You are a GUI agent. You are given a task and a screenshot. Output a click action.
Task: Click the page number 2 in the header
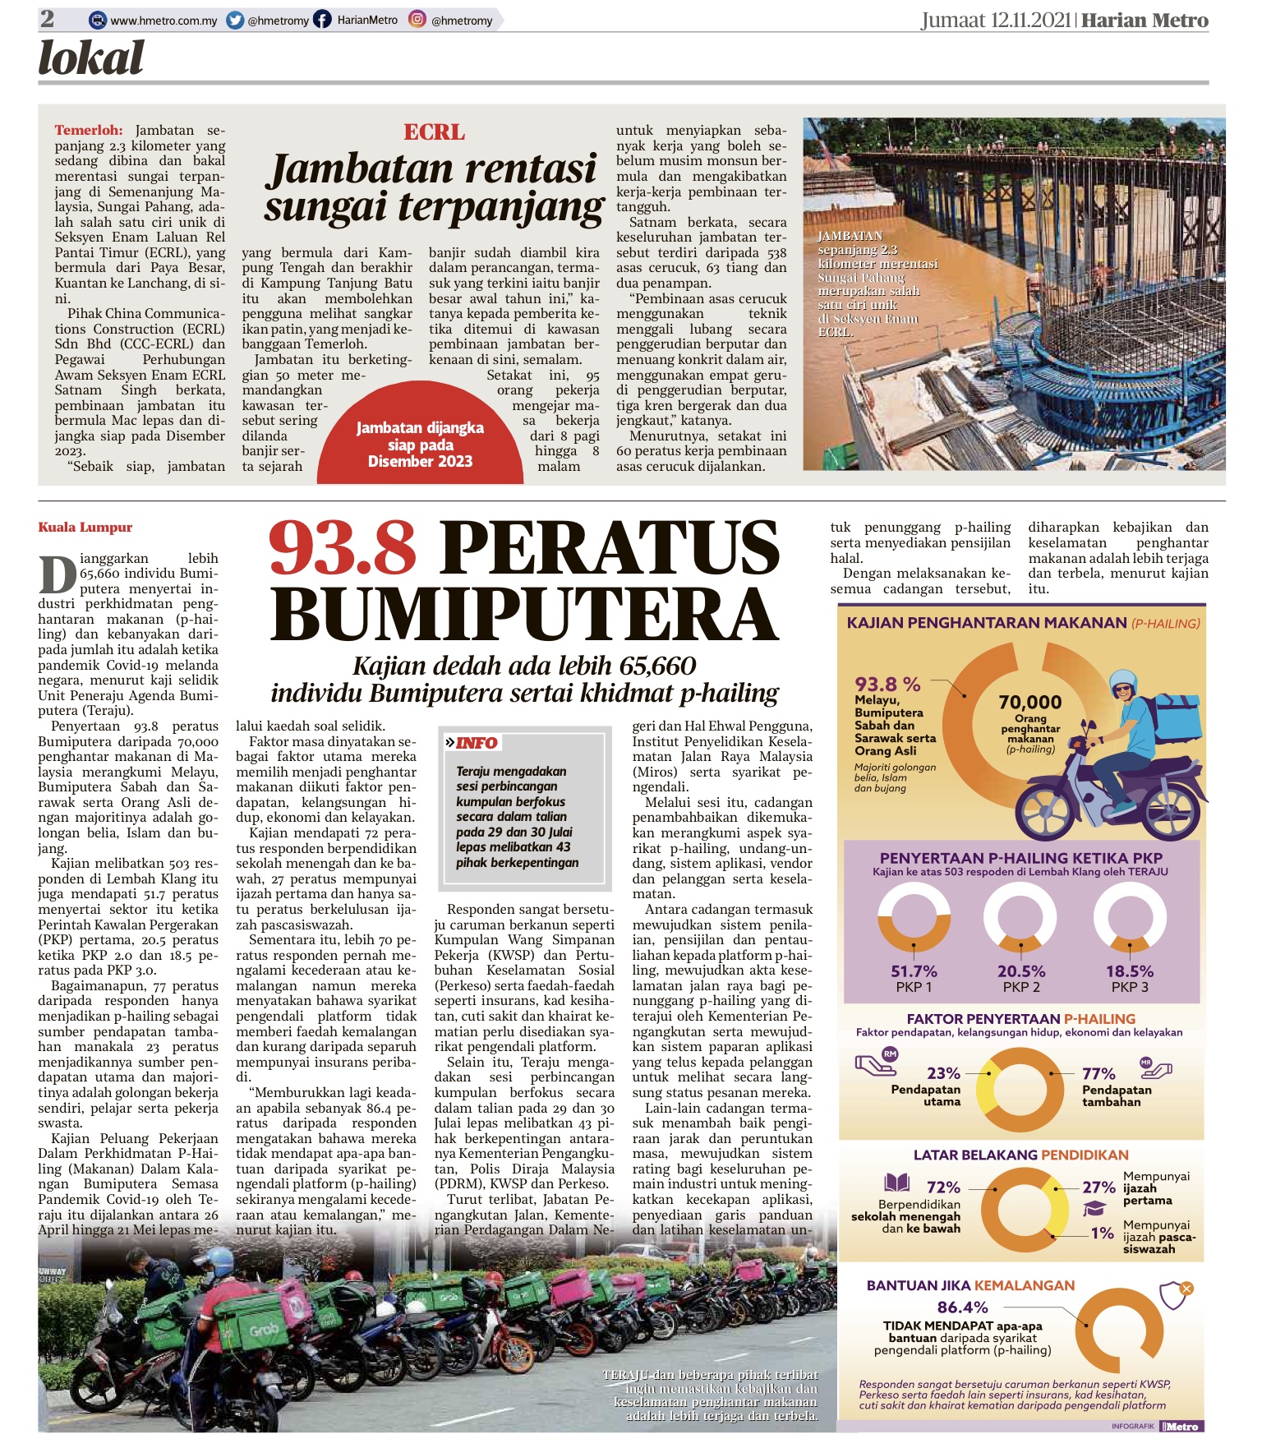(48, 19)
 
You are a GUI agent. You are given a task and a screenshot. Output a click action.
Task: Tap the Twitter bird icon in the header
(235, 21)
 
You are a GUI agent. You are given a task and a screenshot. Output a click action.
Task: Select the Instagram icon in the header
(417, 21)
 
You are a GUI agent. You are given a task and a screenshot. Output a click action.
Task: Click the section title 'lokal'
(91, 58)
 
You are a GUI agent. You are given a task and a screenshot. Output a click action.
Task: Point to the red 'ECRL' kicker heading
(434, 132)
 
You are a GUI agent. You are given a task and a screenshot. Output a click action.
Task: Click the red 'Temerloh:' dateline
(89, 130)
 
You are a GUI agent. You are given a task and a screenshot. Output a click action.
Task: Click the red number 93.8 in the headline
(343, 548)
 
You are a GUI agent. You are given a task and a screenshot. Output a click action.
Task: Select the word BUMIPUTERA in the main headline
(524, 614)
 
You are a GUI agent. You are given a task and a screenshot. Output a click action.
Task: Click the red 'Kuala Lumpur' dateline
(85, 528)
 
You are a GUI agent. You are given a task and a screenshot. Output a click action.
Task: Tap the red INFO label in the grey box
(477, 743)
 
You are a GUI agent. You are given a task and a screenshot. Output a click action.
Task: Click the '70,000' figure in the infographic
(1030, 703)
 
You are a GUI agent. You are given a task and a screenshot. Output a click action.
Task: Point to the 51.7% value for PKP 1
(914, 971)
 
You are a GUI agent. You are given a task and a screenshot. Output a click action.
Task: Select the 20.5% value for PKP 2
(1021, 971)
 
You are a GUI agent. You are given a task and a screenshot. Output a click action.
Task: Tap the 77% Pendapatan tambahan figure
(1098, 1073)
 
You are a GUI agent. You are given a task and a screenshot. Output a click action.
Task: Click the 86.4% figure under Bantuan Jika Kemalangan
(962, 1307)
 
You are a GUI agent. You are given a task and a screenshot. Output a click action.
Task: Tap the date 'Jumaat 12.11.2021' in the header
(996, 21)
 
